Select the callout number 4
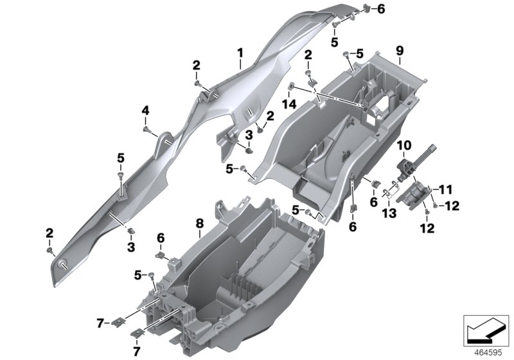[145, 111]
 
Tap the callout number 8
[199, 223]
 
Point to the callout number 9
[398, 50]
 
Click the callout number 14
[291, 104]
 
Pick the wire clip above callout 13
[387, 190]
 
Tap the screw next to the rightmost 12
[436, 206]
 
